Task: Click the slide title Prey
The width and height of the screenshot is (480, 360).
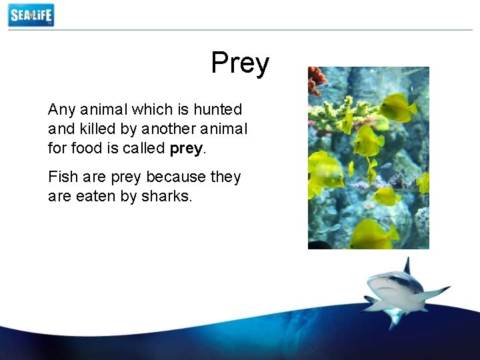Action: click(240, 64)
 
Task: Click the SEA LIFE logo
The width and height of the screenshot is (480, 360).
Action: click(31, 15)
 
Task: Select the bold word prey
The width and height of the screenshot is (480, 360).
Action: click(185, 148)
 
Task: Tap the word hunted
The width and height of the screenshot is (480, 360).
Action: click(218, 109)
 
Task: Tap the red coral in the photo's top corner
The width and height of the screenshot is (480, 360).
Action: click(317, 79)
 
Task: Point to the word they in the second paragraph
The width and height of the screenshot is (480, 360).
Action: click(225, 177)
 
